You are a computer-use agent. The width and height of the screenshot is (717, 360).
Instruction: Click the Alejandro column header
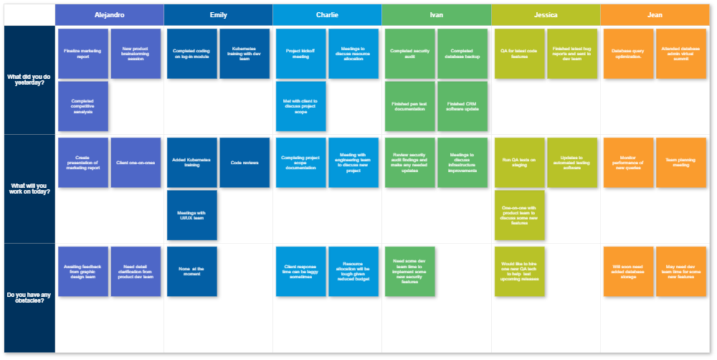109,14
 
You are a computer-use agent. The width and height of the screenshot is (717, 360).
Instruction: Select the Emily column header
218,14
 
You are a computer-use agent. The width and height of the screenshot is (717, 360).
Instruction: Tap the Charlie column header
327,14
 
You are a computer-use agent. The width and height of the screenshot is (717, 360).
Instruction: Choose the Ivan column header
436,14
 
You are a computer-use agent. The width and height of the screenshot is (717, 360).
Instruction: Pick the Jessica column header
546,14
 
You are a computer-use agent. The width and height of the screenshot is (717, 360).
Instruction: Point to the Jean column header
655,14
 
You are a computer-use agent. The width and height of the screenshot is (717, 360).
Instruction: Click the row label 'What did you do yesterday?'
29,80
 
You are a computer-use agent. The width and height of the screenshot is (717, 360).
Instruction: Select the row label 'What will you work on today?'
29,189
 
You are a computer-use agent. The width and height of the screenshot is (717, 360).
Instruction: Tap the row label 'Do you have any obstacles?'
29,298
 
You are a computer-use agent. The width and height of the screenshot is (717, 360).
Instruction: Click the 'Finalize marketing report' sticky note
83,54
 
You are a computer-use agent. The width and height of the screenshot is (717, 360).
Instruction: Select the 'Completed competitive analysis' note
83,106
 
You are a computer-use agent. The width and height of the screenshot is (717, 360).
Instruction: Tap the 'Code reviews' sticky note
244,163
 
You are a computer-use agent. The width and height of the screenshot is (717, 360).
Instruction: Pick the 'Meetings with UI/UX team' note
192,215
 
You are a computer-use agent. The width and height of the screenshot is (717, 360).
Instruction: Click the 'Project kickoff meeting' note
301,54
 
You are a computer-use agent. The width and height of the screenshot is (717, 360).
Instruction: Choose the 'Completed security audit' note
410,54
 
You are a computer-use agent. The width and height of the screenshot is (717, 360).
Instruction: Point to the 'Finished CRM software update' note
462,106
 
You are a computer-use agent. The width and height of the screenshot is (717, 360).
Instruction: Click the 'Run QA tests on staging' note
520,163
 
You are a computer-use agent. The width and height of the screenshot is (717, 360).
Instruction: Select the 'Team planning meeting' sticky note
681,163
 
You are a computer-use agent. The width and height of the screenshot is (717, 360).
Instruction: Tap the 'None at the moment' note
192,271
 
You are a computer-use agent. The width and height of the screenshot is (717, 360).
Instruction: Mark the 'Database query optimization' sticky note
629,54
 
